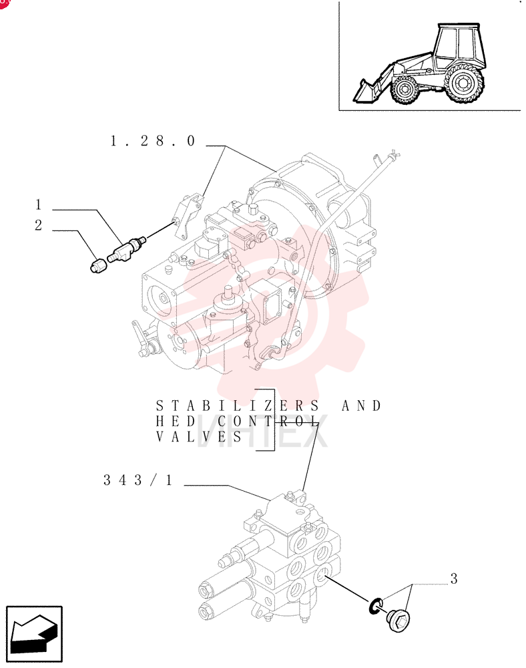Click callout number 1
pyautogui.click(x=38, y=204)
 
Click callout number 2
pyautogui.click(x=38, y=225)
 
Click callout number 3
pyautogui.click(x=454, y=578)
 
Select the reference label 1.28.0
pyautogui.click(x=153, y=140)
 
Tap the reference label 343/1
pyautogui.click(x=138, y=480)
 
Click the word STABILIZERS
pyautogui.click(x=237, y=405)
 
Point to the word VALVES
pyautogui.click(x=199, y=437)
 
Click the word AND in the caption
pyautogui.click(x=361, y=405)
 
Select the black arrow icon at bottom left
pyautogui.click(x=33, y=634)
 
